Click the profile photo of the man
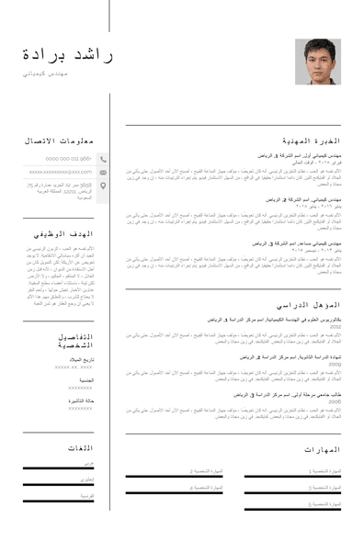317,62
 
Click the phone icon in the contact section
103,159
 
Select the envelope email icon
103,172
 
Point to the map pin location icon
103,186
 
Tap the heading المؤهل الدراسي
310,304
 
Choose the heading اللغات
80,447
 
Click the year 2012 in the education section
336,326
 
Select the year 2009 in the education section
336,365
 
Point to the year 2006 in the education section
336,402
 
